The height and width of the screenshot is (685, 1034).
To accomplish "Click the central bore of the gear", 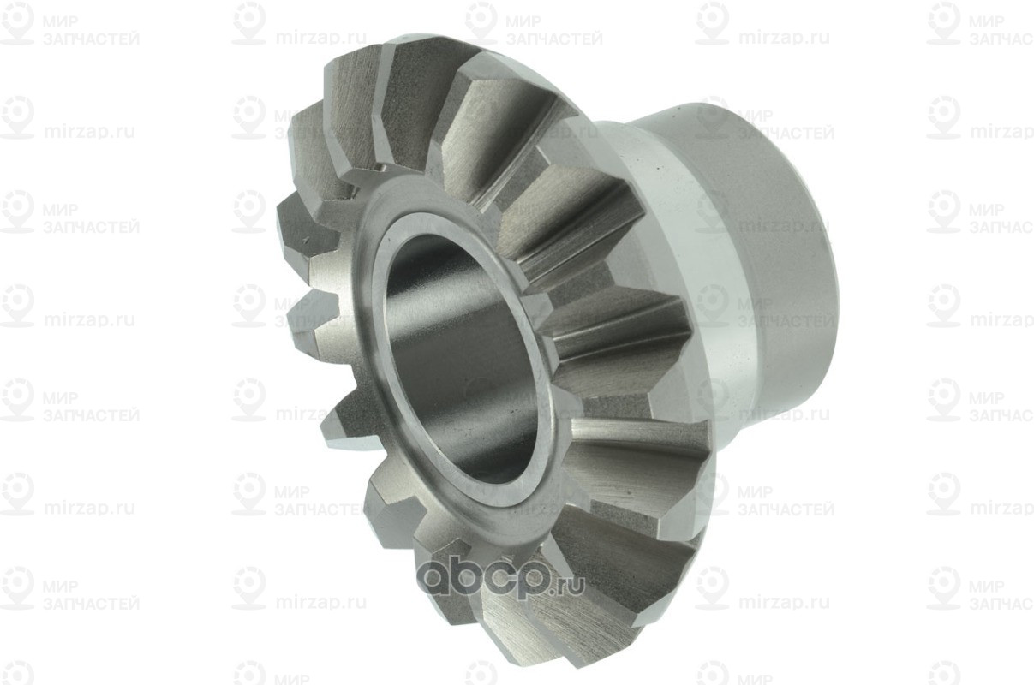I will [463, 360].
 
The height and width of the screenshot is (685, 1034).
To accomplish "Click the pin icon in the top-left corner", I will [17, 23].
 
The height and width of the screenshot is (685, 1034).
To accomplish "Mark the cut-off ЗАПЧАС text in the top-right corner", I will [1001, 39].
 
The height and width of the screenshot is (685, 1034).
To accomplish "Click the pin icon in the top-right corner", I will [943, 23].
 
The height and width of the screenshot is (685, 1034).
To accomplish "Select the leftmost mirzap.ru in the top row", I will [320, 38].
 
